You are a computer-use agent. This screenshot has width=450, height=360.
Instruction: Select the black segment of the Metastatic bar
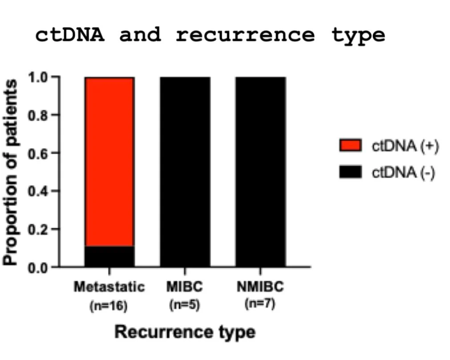point(109,256)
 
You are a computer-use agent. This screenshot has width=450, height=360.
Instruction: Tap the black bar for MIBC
point(185,172)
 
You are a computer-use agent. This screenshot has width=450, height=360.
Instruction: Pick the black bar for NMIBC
point(260,172)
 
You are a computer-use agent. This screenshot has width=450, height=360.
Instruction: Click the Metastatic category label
point(109,287)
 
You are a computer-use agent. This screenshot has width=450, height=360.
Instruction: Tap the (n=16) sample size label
point(109,306)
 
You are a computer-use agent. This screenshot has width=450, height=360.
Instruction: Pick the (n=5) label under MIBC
point(185,306)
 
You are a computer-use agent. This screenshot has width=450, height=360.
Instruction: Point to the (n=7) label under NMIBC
point(260,305)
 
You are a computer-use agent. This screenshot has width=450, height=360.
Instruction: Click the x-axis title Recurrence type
point(185,332)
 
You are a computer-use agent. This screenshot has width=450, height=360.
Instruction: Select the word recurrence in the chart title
point(245,35)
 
